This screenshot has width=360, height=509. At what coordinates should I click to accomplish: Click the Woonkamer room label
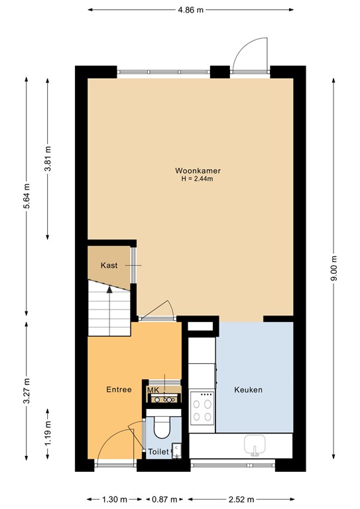point(198,170)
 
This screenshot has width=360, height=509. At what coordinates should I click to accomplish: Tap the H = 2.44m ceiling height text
point(198,179)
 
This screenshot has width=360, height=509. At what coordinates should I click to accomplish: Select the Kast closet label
point(109,265)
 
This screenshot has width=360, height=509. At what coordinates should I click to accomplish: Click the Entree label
point(119,390)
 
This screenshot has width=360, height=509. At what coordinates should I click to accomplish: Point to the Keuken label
point(249,390)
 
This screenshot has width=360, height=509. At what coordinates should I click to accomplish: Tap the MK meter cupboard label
point(153,390)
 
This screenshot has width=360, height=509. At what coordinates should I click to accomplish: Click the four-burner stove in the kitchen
point(202,409)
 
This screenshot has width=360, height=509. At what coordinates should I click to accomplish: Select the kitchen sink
point(255,444)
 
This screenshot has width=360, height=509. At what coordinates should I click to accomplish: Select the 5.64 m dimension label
point(26,196)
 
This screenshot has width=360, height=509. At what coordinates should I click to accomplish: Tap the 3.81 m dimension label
point(47,159)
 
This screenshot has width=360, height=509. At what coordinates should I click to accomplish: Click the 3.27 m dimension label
point(26,391)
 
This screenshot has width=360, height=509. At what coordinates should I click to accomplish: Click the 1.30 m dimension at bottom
point(115,499)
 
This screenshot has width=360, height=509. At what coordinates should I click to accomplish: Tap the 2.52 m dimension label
point(240,499)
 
